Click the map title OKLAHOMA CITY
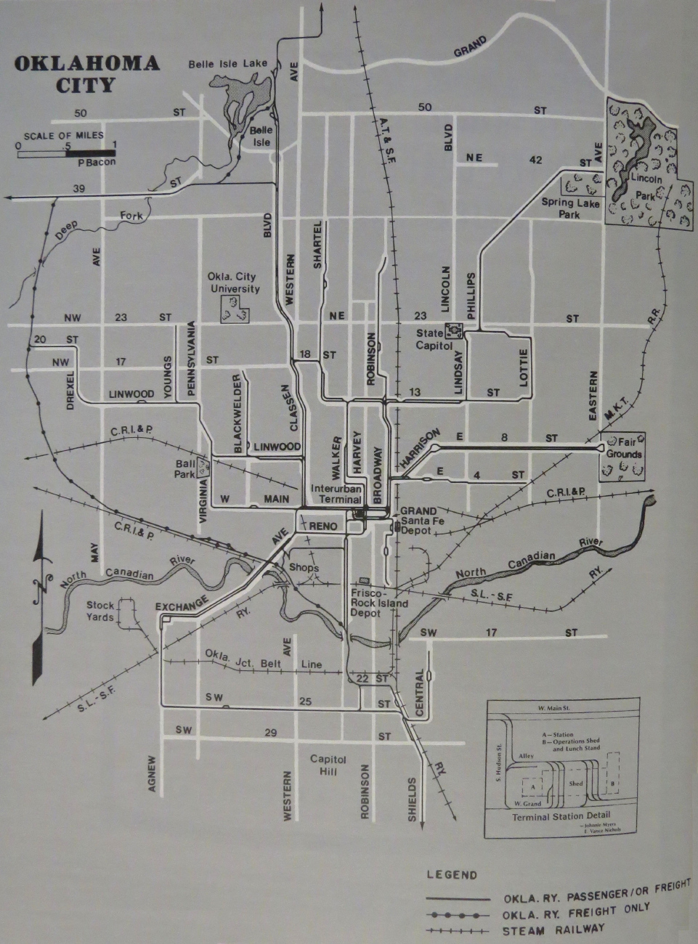point(86,73)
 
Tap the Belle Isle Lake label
point(227,65)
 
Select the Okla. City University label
point(234,283)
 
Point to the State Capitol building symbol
point(455,330)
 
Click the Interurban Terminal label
point(332,494)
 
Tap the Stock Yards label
point(100,611)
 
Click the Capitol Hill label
point(328,765)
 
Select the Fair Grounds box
point(624,456)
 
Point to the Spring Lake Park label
point(571,208)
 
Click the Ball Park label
point(186,468)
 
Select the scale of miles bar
point(66,153)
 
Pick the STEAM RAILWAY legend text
point(553,929)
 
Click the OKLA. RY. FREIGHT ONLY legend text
point(577,913)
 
